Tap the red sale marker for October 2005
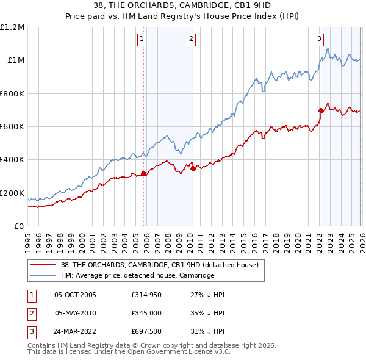pos(144,173)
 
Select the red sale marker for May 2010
pos(193,168)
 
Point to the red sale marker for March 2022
pos(320,110)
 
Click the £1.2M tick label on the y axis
pos(12,27)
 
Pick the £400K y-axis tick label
pos(12,160)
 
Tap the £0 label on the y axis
pos(20,226)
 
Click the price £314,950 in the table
pos(145,294)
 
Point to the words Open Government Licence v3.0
pos(183,352)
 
